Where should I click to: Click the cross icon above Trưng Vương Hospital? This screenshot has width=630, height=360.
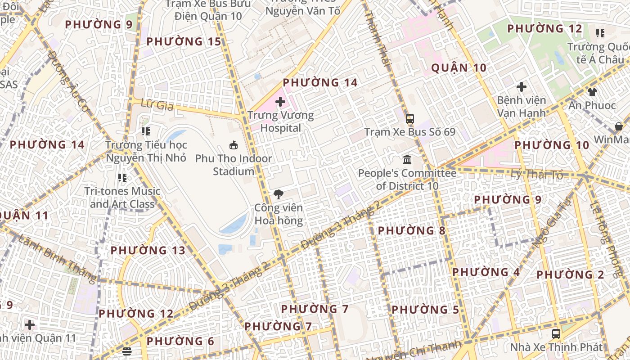[x=280, y=102]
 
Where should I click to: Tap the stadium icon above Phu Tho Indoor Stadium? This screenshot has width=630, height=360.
[x=234, y=145]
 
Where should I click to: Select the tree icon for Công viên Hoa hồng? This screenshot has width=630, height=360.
[x=279, y=194]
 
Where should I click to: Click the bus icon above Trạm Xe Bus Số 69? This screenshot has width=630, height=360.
[x=409, y=119]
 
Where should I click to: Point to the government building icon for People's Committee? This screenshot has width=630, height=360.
[x=407, y=160]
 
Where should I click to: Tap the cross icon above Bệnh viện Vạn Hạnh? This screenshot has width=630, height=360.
[x=522, y=86]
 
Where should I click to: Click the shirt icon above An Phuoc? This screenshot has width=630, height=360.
[x=592, y=92]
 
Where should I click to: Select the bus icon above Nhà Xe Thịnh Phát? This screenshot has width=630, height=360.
[x=556, y=334]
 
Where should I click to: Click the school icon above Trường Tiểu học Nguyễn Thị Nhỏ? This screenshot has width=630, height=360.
[x=145, y=131]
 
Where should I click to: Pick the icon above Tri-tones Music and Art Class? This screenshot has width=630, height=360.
[x=122, y=178]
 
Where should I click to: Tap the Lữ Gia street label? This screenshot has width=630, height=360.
[x=157, y=105]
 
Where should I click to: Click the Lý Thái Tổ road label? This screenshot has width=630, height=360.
[x=537, y=174]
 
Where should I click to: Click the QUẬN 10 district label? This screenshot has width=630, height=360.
[x=459, y=68]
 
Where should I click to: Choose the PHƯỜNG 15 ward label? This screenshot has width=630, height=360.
[x=184, y=42]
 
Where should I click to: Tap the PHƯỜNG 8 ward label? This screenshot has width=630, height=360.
[x=411, y=231]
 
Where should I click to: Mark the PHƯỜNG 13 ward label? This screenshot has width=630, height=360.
[x=148, y=251]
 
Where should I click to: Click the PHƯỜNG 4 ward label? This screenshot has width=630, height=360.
[x=486, y=272]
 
